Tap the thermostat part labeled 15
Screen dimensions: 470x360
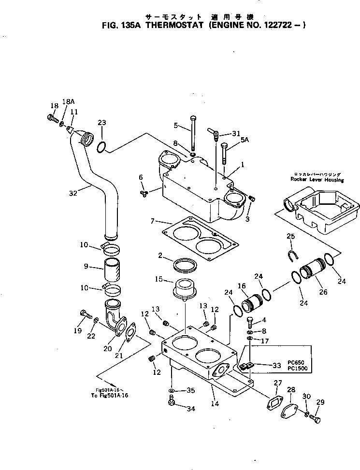tap(184, 289)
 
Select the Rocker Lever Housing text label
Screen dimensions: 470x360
tap(317, 179)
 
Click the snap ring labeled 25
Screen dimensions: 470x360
tap(292, 256)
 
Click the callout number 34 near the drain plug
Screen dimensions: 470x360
tap(191, 409)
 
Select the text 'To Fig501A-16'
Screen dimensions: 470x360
tap(112, 395)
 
